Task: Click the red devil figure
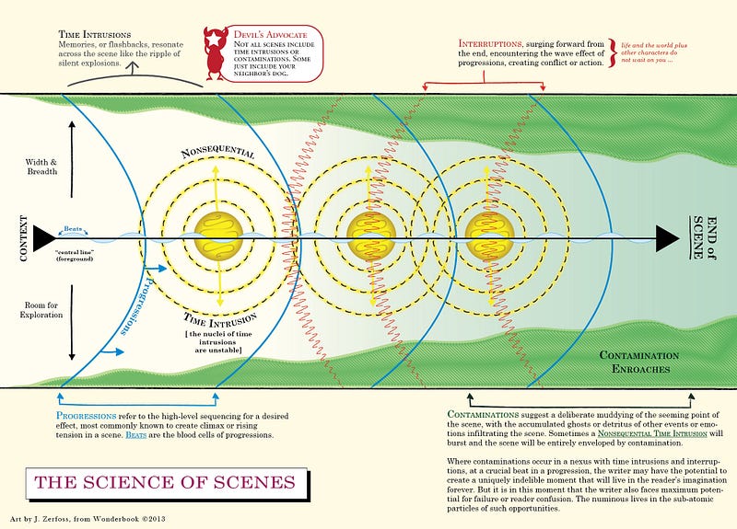point(217,52)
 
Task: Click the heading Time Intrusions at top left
point(103,33)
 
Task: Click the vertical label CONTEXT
point(20,239)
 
